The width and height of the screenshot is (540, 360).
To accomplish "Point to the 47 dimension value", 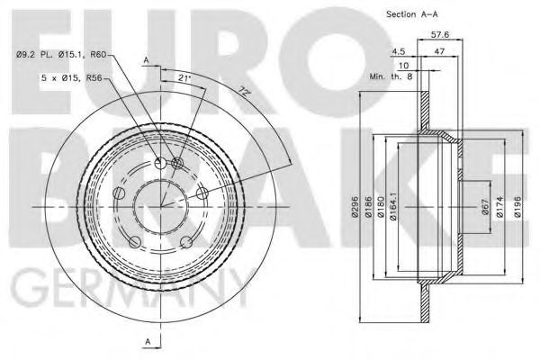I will tap(437, 52).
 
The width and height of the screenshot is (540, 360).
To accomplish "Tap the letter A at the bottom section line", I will tap(146, 341).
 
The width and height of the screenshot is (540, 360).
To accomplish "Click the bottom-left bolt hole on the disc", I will tap(134, 241).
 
